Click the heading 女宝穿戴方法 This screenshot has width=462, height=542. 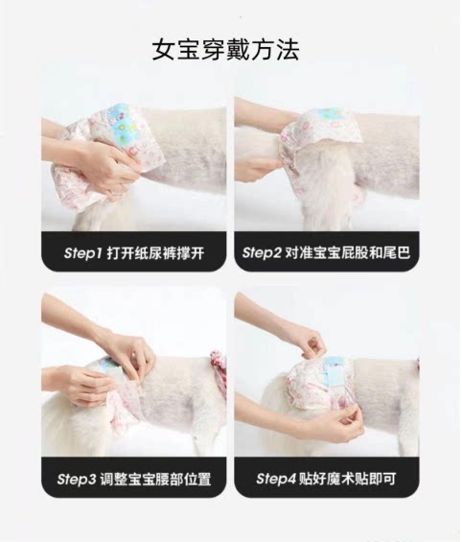click(x=225, y=51)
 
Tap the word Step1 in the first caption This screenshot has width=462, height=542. click(x=82, y=253)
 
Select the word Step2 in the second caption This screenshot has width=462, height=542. click(x=262, y=252)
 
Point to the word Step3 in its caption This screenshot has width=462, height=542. click(x=77, y=480)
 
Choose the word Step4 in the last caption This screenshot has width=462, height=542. click(x=276, y=479)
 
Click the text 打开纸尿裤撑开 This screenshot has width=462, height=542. click(x=155, y=253)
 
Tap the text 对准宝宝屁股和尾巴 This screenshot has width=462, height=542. click(x=348, y=252)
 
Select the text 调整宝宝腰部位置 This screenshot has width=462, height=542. click(x=155, y=480)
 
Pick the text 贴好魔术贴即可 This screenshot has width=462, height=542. click(x=347, y=479)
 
